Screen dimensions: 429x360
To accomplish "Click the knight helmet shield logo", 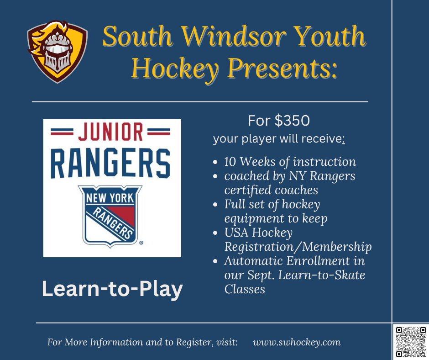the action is pos(58,52).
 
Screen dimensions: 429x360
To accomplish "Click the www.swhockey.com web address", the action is pos(297,342).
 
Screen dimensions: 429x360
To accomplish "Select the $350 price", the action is pos(292,121).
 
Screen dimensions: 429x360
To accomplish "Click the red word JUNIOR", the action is pos(110,132).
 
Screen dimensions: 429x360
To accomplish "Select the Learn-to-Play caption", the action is pos(112,289).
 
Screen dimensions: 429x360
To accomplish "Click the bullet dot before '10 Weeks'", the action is pos(215,162).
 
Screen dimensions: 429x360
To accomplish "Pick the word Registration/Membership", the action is pos(298,247).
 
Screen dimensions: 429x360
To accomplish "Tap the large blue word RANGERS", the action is pos(110,164).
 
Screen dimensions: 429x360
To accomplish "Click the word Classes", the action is pos(245,289).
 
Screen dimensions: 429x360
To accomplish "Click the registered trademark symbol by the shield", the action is pos(141,243).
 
